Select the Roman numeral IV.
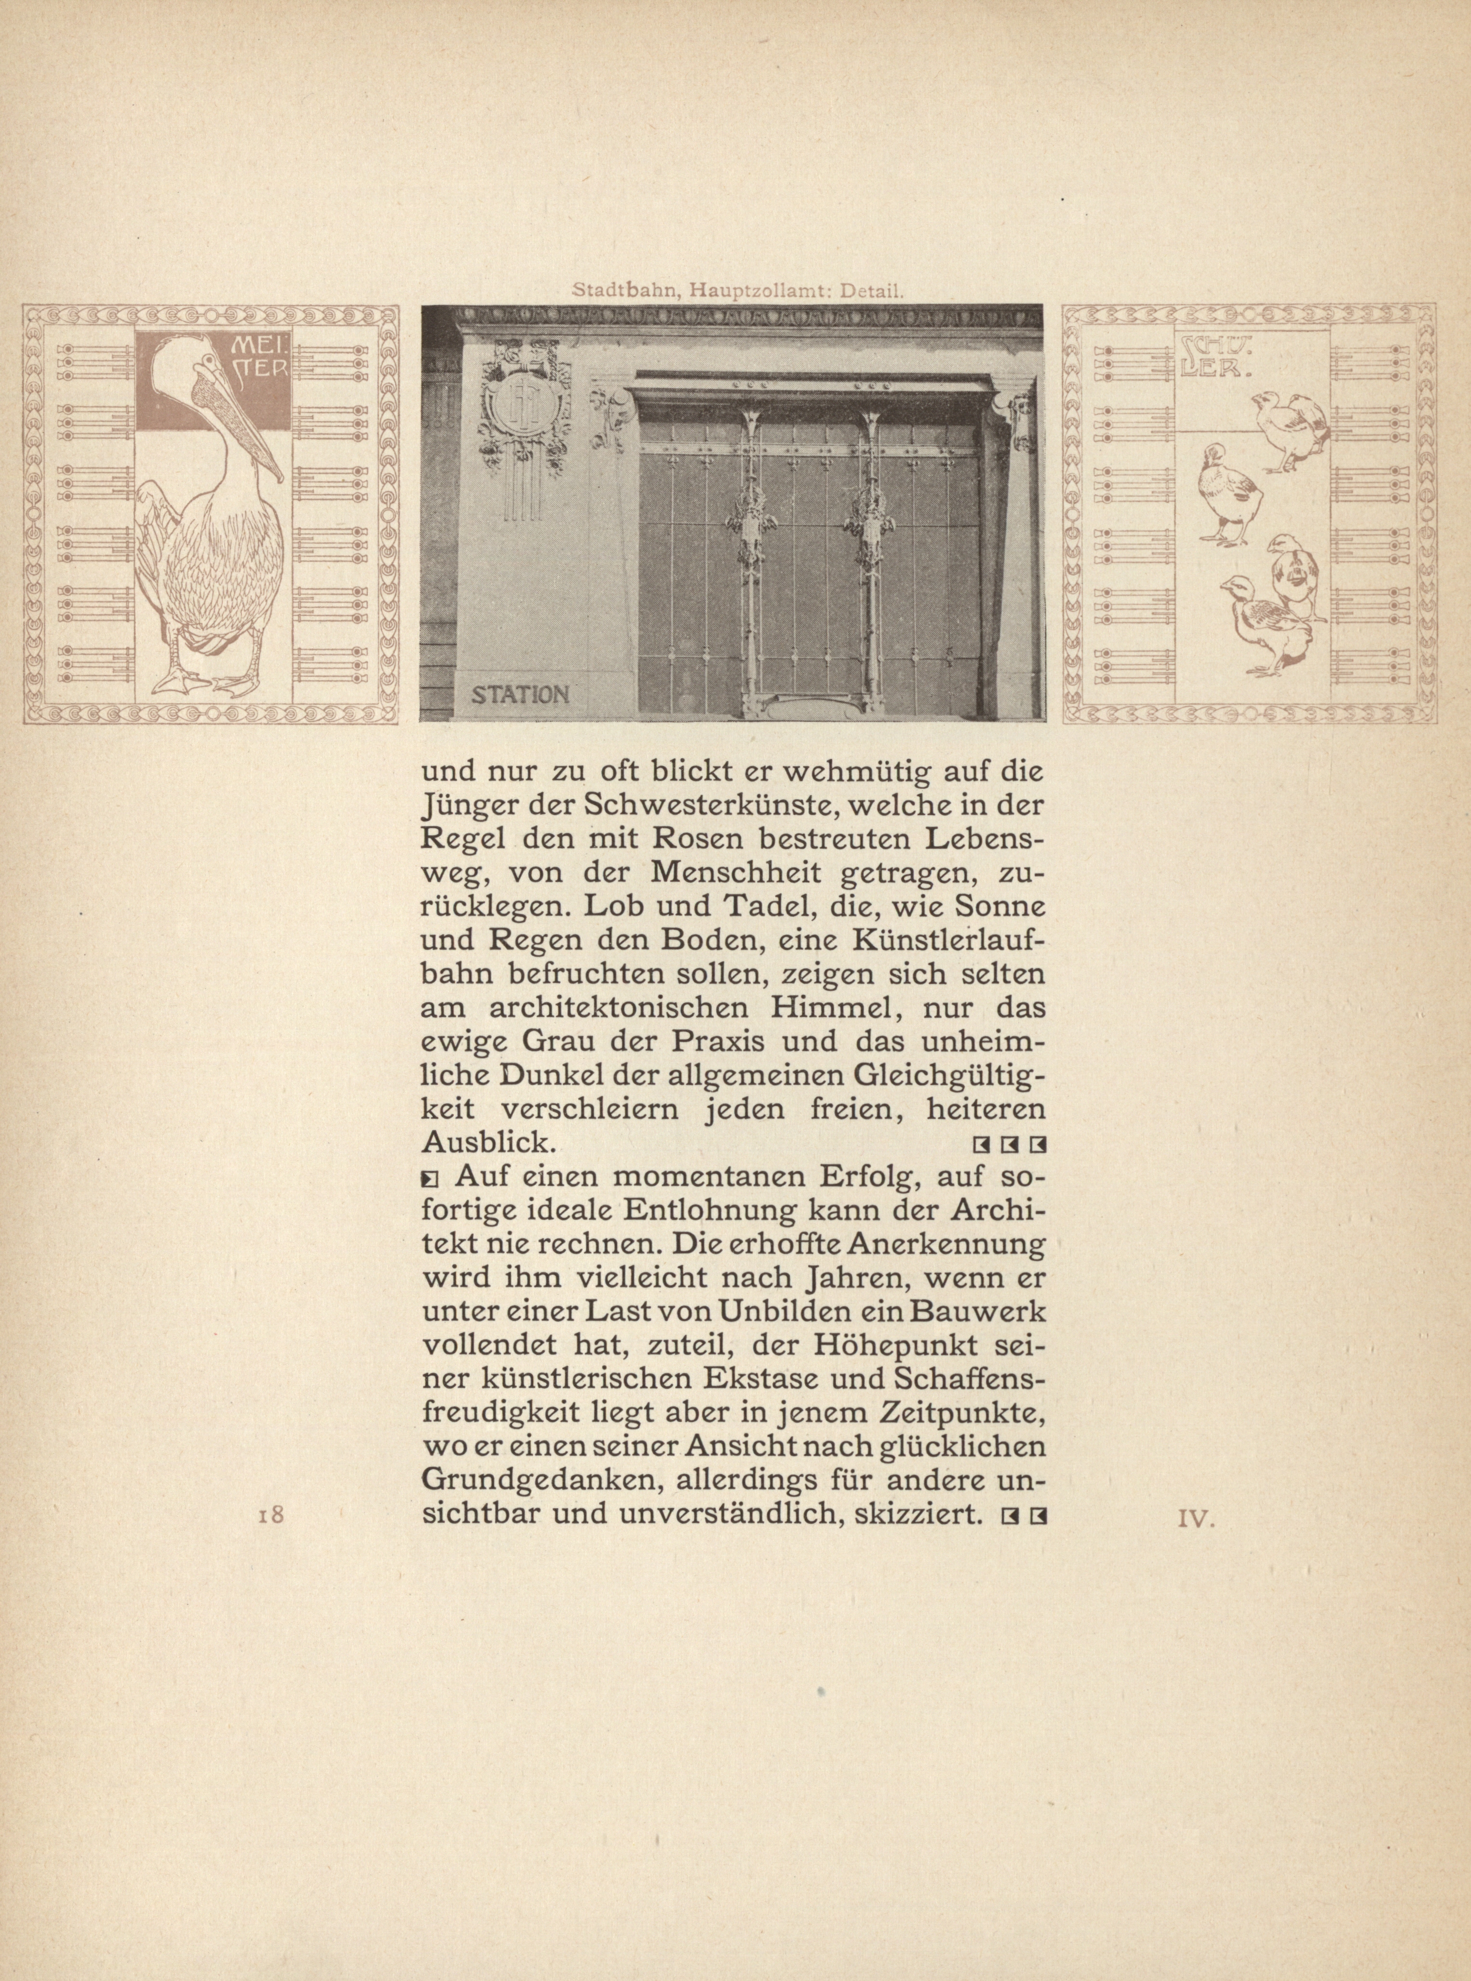click(1196, 1519)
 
